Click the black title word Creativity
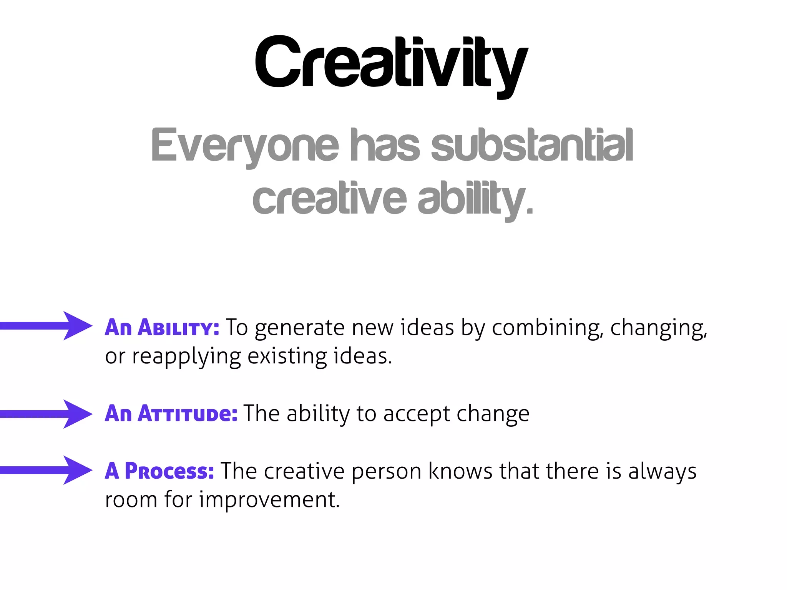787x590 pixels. click(x=391, y=63)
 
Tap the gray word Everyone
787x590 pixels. click(x=245, y=146)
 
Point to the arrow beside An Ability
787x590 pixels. click(x=46, y=326)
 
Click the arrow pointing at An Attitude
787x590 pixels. click(x=46, y=414)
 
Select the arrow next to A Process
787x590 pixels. click(x=46, y=470)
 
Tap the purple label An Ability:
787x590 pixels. click(x=162, y=328)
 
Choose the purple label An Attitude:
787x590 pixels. click(x=171, y=414)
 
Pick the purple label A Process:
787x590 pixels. click(x=159, y=471)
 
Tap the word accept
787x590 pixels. click(x=417, y=414)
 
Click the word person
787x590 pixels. click(x=387, y=472)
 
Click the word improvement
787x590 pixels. click(x=269, y=501)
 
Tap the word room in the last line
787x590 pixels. click(x=131, y=501)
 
